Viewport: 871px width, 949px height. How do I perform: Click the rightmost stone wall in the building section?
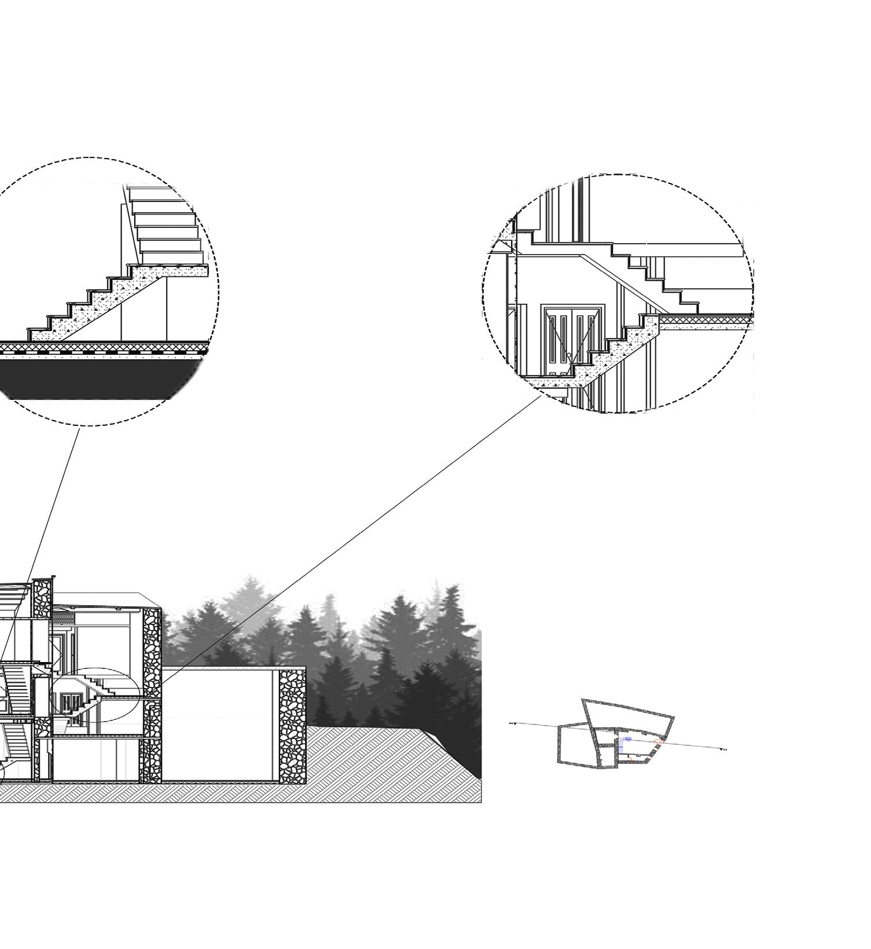point(292,726)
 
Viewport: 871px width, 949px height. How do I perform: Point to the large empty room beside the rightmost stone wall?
point(220,726)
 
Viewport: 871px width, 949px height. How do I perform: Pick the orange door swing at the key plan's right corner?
point(659,741)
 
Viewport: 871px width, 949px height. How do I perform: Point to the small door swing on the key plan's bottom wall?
point(630,757)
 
